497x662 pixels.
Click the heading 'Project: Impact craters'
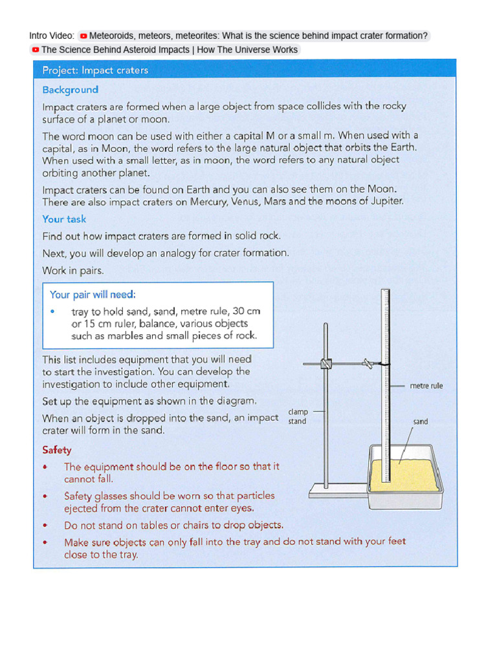[95, 70]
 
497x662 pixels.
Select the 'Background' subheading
[71, 90]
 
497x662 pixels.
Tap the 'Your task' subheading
[64, 219]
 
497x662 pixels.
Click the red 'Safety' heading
[57, 450]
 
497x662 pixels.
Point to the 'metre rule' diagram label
[426, 386]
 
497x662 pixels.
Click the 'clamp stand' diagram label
[298, 416]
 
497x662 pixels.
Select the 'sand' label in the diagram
[421, 422]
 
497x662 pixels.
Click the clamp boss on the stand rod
[326, 364]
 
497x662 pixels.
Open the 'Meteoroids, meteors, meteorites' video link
[258, 36]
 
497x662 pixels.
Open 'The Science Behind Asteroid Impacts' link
[170, 50]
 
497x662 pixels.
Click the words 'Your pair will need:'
[93, 295]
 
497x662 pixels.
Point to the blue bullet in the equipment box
[52, 312]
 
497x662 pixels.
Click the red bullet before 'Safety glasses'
[45, 496]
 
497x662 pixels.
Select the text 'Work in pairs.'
[73, 270]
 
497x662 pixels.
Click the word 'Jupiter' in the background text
[386, 201]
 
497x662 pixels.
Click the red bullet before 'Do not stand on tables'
[45, 526]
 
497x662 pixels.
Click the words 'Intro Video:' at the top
[51, 36]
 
